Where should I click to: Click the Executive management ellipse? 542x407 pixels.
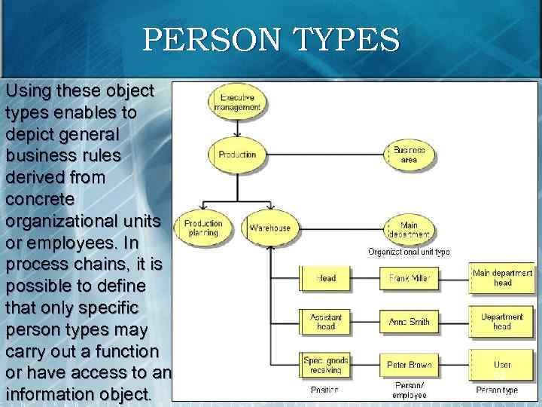coord(237,103)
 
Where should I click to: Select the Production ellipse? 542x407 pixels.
coord(237,155)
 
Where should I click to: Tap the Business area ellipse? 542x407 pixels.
coord(409,155)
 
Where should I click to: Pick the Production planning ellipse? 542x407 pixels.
coord(203,228)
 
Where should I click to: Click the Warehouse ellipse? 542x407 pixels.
coord(269,228)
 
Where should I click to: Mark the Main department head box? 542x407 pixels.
coord(502,278)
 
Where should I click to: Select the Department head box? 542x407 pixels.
coord(502,322)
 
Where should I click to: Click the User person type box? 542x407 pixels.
coord(502,365)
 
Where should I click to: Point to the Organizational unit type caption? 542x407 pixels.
coord(409,252)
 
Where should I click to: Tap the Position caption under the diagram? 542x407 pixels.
coord(324,390)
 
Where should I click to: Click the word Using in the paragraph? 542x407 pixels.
coord(29,91)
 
